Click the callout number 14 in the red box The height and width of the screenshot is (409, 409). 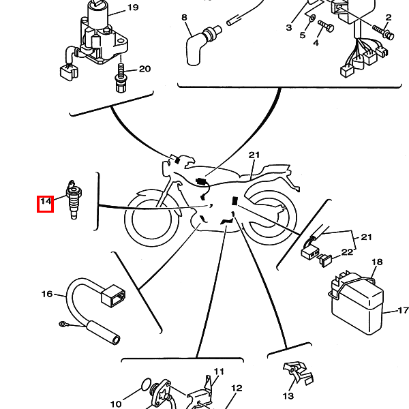(46, 201)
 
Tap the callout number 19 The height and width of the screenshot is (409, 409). (133, 7)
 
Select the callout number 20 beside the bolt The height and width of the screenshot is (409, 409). (145, 69)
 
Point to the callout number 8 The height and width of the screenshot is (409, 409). (184, 18)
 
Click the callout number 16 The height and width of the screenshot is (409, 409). (47, 294)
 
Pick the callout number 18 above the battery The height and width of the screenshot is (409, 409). (377, 262)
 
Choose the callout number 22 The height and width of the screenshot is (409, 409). (347, 252)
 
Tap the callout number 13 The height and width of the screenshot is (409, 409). (288, 396)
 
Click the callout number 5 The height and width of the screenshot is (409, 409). (302, 35)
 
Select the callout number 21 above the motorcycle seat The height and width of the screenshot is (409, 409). (254, 155)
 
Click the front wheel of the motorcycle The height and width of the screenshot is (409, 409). (151, 219)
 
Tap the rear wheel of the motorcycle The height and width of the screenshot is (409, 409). (269, 218)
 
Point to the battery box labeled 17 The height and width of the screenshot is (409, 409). (356, 303)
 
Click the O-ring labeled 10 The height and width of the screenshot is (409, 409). (147, 384)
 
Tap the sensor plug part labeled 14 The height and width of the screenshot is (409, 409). (74, 200)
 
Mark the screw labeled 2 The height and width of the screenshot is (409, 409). (383, 32)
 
